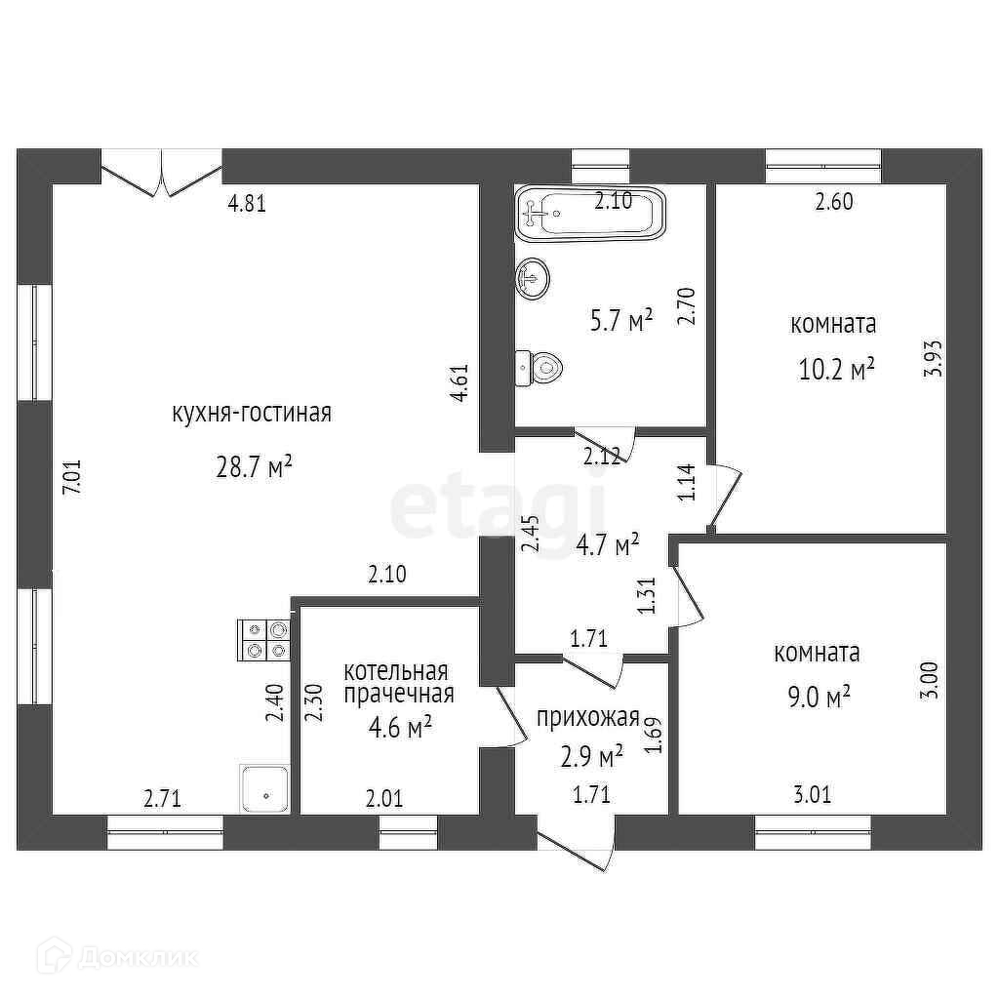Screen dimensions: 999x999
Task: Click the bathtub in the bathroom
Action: [x=591, y=212]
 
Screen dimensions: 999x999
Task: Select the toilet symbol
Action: [x=539, y=367]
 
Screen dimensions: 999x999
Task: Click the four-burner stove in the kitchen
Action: [x=264, y=640]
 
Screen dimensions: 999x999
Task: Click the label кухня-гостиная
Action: [x=253, y=413]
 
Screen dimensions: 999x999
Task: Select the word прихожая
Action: [x=587, y=719]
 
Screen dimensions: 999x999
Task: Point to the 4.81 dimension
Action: [x=247, y=204]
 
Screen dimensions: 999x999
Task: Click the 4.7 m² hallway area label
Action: [x=607, y=542]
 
